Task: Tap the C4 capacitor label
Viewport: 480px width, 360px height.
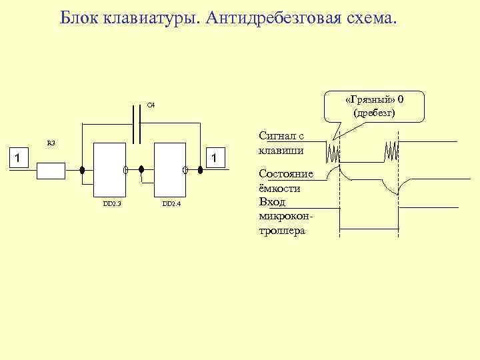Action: [151, 104]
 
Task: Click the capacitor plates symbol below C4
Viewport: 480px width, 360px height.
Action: [137, 124]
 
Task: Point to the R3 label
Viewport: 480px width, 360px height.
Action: [51, 143]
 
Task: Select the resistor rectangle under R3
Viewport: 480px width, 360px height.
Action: [51, 171]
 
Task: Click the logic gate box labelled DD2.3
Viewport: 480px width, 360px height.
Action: [109, 167]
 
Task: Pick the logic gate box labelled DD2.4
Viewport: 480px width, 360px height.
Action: [169, 167]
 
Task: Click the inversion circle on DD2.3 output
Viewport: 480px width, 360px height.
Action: [125, 169]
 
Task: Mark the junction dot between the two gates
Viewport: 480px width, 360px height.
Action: [141, 169]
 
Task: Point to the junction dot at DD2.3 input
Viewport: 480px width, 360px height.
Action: [82, 169]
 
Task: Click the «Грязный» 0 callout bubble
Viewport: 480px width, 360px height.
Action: [374, 106]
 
